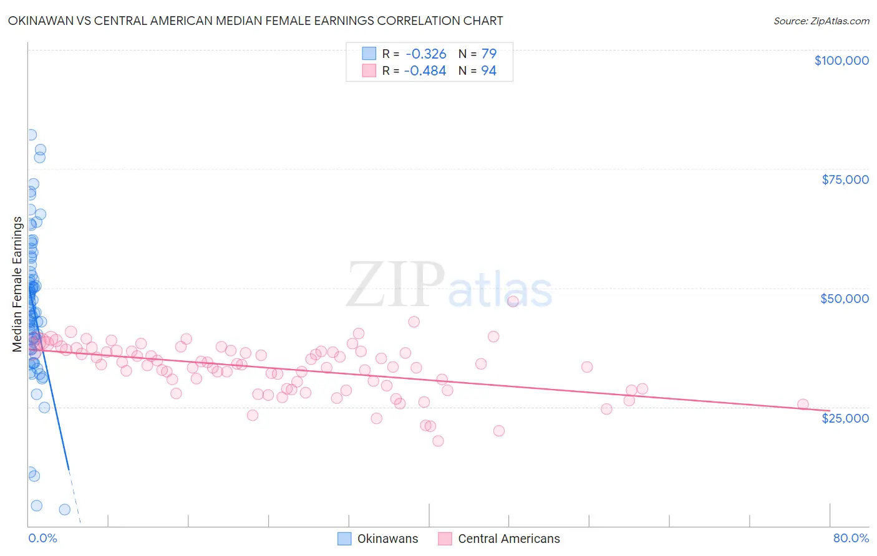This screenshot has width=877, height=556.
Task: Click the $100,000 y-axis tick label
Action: click(x=841, y=60)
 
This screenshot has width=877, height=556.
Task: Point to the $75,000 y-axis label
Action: click(x=845, y=180)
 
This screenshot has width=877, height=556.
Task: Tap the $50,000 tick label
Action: click(x=845, y=299)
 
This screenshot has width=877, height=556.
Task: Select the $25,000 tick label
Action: click(x=845, y=418)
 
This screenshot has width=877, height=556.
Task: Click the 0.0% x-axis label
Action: click(x=42, y=538)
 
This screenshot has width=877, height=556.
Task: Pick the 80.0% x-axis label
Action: click(x=851, y=538)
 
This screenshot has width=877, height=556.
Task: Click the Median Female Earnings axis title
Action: click(x=17, y=284)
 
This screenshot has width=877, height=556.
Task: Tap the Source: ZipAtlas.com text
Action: click(x=821, y=21)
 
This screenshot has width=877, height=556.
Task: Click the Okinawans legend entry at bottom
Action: click(x=387, y=539)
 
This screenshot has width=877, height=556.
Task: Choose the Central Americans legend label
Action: click(x=508, y=539)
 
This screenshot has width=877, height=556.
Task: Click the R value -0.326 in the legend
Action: click(x=425, y=54)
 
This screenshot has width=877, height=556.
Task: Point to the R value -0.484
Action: click(x=425, y=71)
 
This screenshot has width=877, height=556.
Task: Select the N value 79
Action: click(x=488, y=54)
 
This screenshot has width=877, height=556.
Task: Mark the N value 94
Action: click(x=488, y=71)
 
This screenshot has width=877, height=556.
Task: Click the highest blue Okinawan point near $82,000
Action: click(x=31, y=135)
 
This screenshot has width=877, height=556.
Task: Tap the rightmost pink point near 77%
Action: click(x=803, y=405)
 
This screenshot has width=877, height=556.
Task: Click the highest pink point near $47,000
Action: click(x=513, y=301)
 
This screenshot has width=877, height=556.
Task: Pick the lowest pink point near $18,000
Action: click(x=438, y=441)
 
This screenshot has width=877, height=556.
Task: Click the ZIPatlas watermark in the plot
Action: click(x=449, y=285)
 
